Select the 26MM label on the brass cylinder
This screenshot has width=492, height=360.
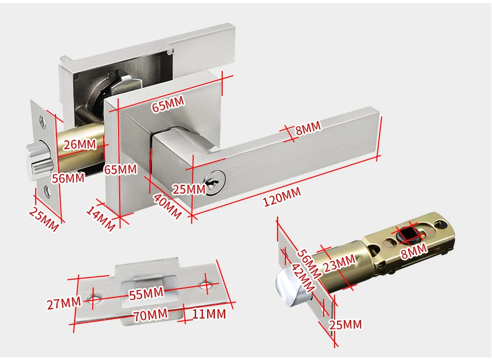[80, 145]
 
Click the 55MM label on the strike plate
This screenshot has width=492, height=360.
[146, 294]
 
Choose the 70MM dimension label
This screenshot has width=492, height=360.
[150, 314]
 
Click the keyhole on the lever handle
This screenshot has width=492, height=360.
[214, 183]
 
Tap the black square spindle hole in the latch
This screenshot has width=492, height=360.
[410, 236]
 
